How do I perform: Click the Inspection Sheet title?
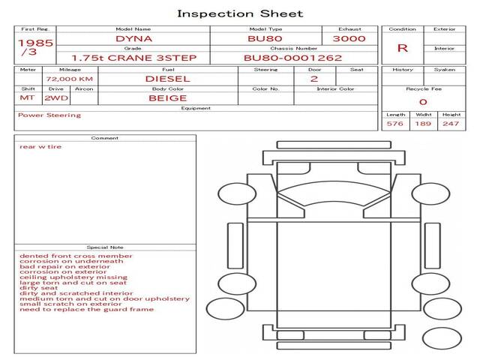pyautogui.click(x=240, y=13)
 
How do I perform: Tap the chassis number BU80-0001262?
pyautogui.click(x=293, y=58)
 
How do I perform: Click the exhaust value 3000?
pyautogui.click(x=349, y=39)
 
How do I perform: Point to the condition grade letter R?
pyautogui.click(x=402, y=48)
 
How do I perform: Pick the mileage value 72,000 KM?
pyautogui.click(x=70, y=79)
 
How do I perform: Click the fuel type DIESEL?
pyautogui.click(x=168, y=79)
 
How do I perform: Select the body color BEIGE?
pyautogui.click(x=168, y=98)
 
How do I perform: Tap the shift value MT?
pyautogui.click(x=27, y=98)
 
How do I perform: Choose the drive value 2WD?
pyautogui.click(x=56, y=98)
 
